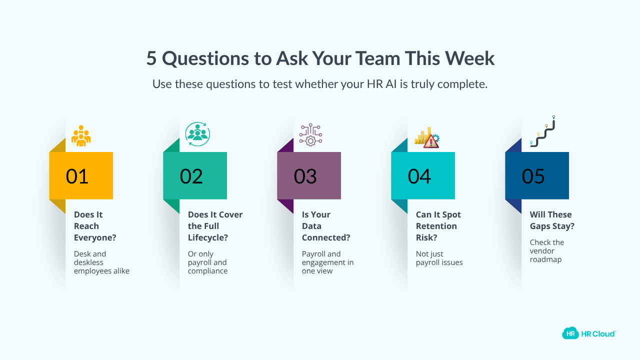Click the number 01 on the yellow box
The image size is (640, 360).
pos(77,176)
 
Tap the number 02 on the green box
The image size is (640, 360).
pos(191,176)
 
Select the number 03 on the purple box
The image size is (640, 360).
pos(305,176)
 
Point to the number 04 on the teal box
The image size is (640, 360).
pos(419,176)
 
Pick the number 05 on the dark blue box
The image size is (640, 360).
pos(533,176)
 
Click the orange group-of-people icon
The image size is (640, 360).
pos(81,135)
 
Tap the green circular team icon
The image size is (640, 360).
pos(197,134)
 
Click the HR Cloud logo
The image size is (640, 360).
pos(589,333)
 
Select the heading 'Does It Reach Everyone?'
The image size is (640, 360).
pos(95,226)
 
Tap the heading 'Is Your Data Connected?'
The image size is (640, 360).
pos(325,226)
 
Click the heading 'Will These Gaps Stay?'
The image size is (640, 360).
pos(552,220)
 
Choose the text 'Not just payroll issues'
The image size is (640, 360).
pos(439,258)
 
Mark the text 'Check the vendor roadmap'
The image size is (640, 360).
pos(547,250)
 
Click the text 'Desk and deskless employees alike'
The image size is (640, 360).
pos(101,262)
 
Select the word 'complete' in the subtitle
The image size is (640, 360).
pos(462,84)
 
